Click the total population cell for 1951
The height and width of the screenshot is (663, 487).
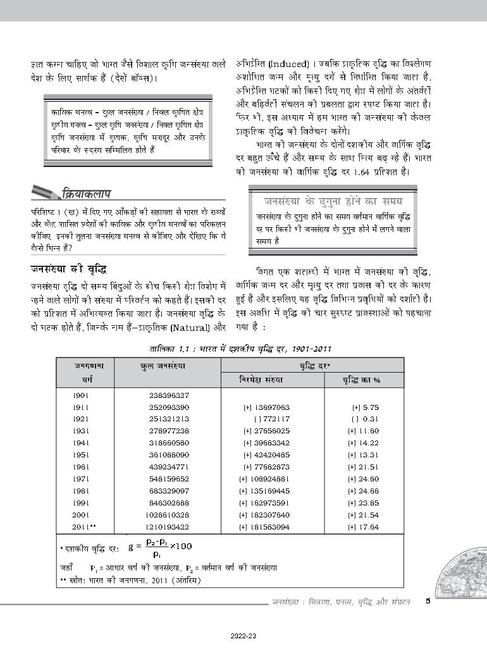(x=168, y=455)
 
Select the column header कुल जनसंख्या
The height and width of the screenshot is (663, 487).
(x=166, y=366)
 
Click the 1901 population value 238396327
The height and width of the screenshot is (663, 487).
(x=168, y=395)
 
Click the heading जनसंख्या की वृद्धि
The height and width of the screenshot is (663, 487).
(x=68, y=269)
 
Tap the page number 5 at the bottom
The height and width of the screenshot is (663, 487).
(x=428, y=602)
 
